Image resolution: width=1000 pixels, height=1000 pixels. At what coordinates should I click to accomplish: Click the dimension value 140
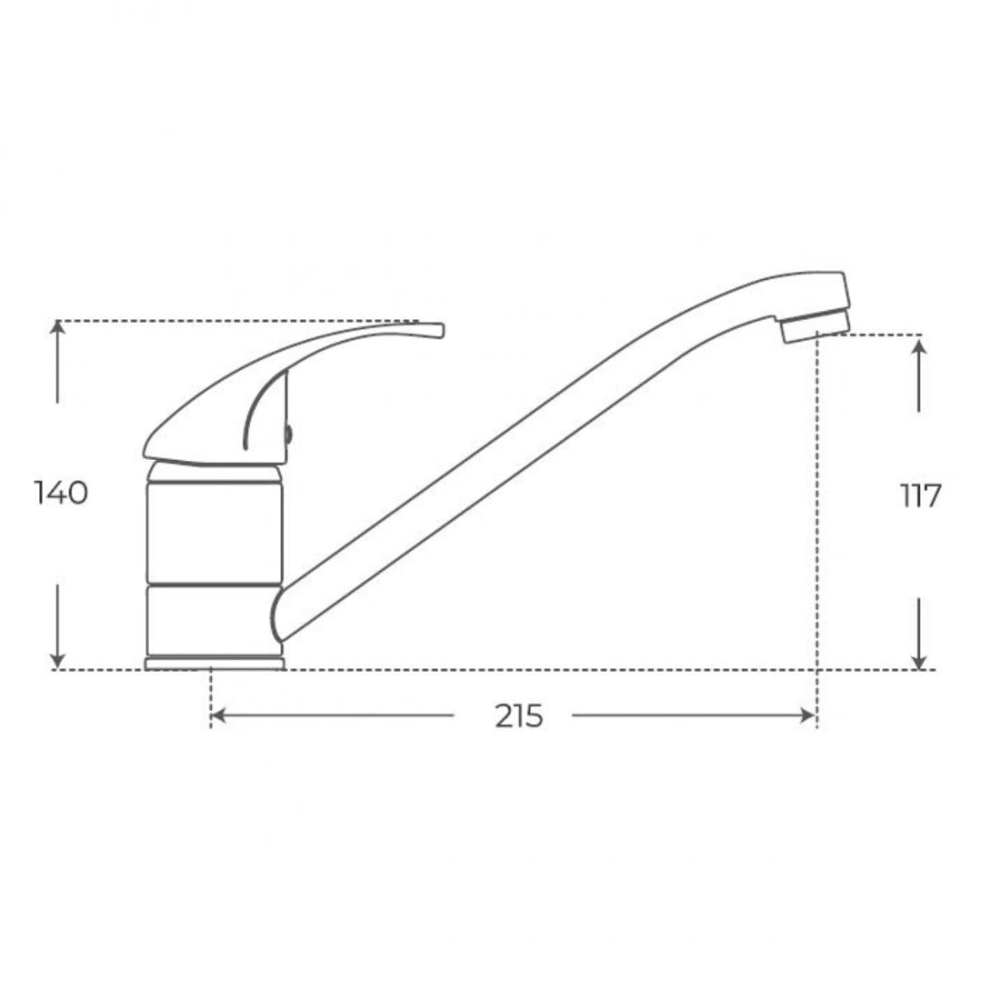click(61, 494)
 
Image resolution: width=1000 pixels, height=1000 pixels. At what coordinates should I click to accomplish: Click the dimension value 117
click(920, 496)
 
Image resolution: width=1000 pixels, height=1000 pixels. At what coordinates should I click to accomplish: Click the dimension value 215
click(519, 716)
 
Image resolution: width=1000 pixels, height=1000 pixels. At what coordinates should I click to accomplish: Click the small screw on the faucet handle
click(288, 435)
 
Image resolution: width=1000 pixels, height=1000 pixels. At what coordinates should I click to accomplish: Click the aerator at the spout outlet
click(815, 325)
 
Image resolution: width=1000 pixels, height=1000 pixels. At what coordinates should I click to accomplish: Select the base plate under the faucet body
click(215, 665)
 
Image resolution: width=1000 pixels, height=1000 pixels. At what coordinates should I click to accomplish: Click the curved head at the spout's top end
click(800, 291)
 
